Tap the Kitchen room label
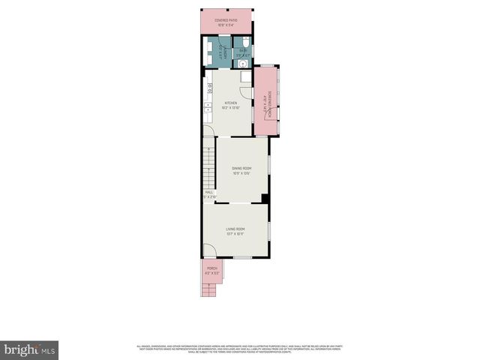click(230, 103)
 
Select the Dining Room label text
click(241, 168)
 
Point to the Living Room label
click(235, 228)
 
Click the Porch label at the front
click(212, 268)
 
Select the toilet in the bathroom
click(243, 43)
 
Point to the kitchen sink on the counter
click(207, 112)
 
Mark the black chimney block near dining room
click(264, 198)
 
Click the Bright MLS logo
click(30, 349)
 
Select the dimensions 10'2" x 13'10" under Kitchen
click(230, 108)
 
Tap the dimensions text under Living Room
click(235, 233)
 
